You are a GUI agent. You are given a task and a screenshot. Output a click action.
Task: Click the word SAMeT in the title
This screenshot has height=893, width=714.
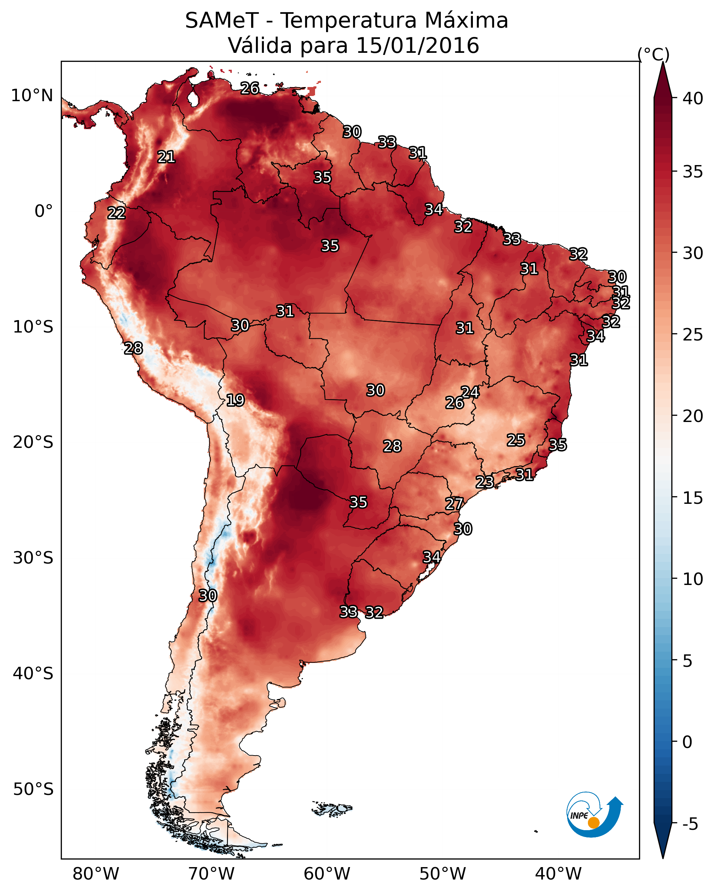pos(222,21)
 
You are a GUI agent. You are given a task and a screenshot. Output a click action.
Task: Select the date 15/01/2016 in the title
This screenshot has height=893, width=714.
pos(417,46)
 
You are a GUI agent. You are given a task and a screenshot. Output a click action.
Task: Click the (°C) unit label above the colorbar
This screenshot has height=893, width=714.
pos(654,54)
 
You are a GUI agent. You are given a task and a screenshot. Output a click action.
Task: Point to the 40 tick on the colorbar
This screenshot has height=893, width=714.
pos(693,98)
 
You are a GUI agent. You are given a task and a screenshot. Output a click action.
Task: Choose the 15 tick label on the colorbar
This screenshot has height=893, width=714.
pos(693,498)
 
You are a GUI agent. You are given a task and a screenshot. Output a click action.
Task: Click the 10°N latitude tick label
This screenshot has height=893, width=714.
pos(32,96)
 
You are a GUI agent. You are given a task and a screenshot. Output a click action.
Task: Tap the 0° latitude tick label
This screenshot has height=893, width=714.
pos(44,211)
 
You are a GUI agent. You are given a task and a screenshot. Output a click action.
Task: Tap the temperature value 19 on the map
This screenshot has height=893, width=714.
pos(235,400)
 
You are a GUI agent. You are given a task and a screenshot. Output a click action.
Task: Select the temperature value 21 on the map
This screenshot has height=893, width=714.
pos(166,157)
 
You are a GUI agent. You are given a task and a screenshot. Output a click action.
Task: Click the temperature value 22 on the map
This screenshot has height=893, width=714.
pos(116,213)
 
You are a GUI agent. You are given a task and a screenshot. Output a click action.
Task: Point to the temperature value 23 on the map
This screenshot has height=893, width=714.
pos(484,482)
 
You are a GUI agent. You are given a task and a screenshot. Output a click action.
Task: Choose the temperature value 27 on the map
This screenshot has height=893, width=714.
pos(454,504)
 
